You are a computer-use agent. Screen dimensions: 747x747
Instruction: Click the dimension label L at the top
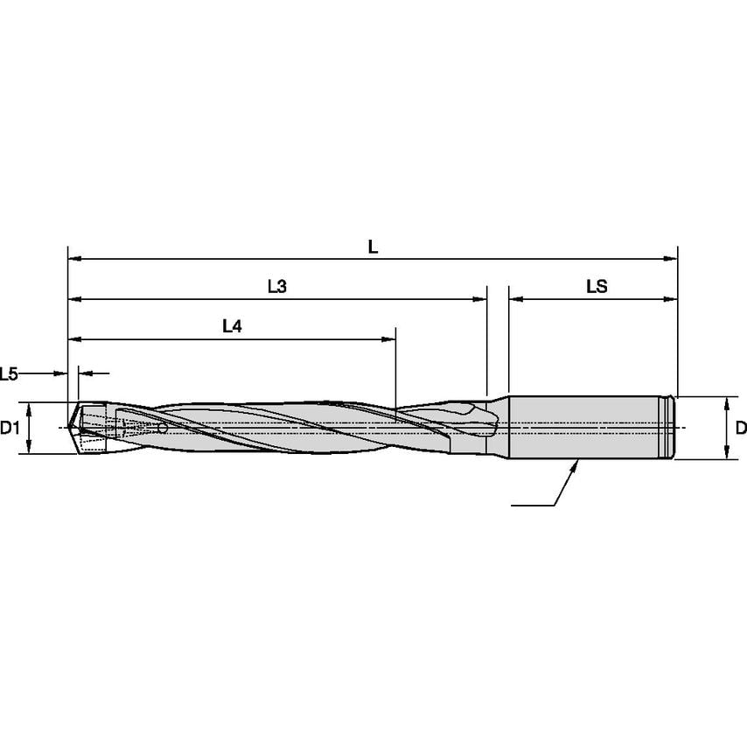pos(373,248)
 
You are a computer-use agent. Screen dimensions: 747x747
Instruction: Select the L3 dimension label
pos(276,287)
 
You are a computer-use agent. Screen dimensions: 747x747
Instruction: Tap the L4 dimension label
pos(232,326)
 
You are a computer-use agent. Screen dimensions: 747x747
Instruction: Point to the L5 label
pos(10,373)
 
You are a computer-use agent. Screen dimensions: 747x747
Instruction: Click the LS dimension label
pos(597,287)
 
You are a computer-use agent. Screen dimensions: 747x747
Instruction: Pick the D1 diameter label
pos(10,428)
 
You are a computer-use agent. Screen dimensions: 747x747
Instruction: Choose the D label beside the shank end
pos(740,428)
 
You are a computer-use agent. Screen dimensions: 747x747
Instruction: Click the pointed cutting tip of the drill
pos(71,428)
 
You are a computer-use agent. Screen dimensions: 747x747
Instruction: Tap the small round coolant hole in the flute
pos(163,429)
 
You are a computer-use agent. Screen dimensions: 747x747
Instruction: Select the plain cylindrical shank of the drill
pos(582,427)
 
